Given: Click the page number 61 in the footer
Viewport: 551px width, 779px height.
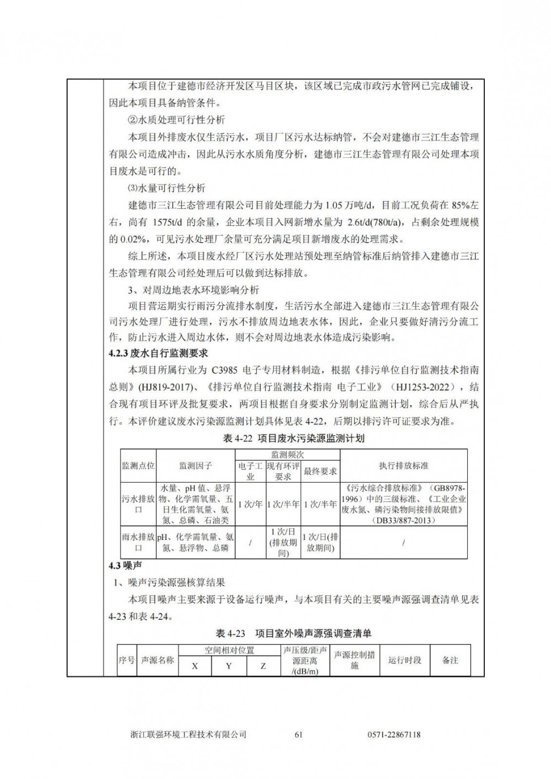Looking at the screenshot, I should [299, 734].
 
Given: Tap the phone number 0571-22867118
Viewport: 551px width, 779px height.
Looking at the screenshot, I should [393, 734].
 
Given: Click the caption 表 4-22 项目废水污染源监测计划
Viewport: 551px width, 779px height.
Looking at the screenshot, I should [294, 439].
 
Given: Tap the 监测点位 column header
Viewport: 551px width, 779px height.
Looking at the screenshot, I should [138, 466].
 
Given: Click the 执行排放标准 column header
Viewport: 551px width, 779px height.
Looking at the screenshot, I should [403, 466].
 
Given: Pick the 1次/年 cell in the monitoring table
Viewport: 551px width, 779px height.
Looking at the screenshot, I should [250, 504].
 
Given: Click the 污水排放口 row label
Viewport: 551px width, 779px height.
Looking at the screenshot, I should [138, 504].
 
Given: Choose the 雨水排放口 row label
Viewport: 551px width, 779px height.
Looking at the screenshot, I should [138, 542].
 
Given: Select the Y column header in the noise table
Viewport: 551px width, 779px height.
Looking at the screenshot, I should [229, 666].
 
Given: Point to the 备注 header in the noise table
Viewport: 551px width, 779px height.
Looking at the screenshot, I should [450, 660].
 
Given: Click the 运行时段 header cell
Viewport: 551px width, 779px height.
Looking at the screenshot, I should [405, 660].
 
